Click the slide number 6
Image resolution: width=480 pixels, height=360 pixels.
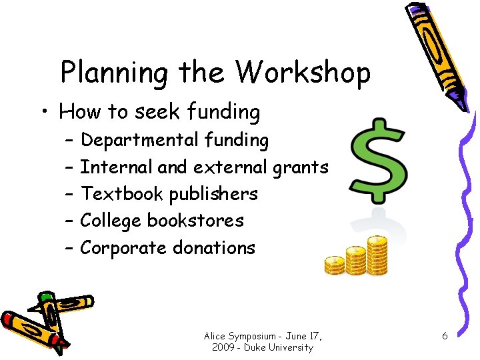click(445, 336)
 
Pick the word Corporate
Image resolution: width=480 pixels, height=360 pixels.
click(123, 248)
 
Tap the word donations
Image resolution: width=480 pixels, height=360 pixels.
click(214, 248)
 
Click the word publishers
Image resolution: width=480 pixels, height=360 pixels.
click(213, 195)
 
